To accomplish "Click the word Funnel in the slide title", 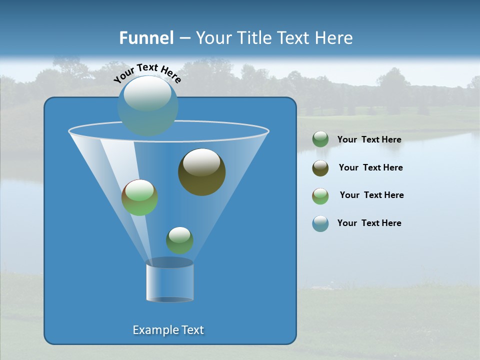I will (146, 38).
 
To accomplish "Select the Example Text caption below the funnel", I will (168, 330).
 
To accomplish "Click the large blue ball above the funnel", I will (147, 105).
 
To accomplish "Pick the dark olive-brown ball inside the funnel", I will (201, 171).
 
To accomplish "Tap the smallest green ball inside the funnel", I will (179, 240).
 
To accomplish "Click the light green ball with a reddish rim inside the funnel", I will (139, 197).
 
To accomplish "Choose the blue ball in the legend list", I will (320, 223).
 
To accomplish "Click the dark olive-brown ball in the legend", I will (320, 168).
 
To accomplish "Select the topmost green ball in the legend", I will (320, 139).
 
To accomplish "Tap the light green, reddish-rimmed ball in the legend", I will (320, 196).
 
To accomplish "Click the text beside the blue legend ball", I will (369, 223).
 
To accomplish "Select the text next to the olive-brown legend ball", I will (370, 167).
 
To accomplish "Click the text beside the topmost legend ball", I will (369, 139).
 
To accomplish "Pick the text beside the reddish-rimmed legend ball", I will (371, 195).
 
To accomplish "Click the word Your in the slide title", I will (213, 38).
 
